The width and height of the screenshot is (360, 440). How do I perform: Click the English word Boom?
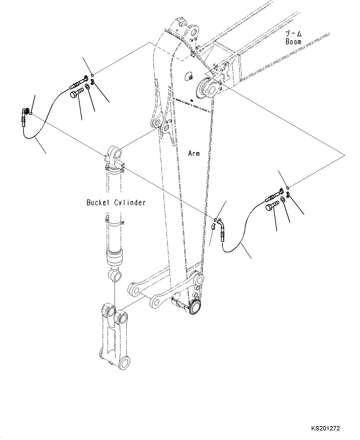[293, 41]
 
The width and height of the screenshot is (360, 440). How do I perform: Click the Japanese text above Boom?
[293, 33]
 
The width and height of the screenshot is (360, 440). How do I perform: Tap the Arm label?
[194, 153]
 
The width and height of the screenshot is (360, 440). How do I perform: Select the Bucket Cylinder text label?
[116, 203]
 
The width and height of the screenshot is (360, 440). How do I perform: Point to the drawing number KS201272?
[325, 429]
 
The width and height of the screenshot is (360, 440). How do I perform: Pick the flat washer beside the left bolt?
[87, 86]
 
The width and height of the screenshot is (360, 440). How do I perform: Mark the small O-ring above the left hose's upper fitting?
[93, 74]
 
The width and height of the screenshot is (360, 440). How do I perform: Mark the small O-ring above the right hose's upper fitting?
[288, 188]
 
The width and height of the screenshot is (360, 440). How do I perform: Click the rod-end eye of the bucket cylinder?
[115, 275]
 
